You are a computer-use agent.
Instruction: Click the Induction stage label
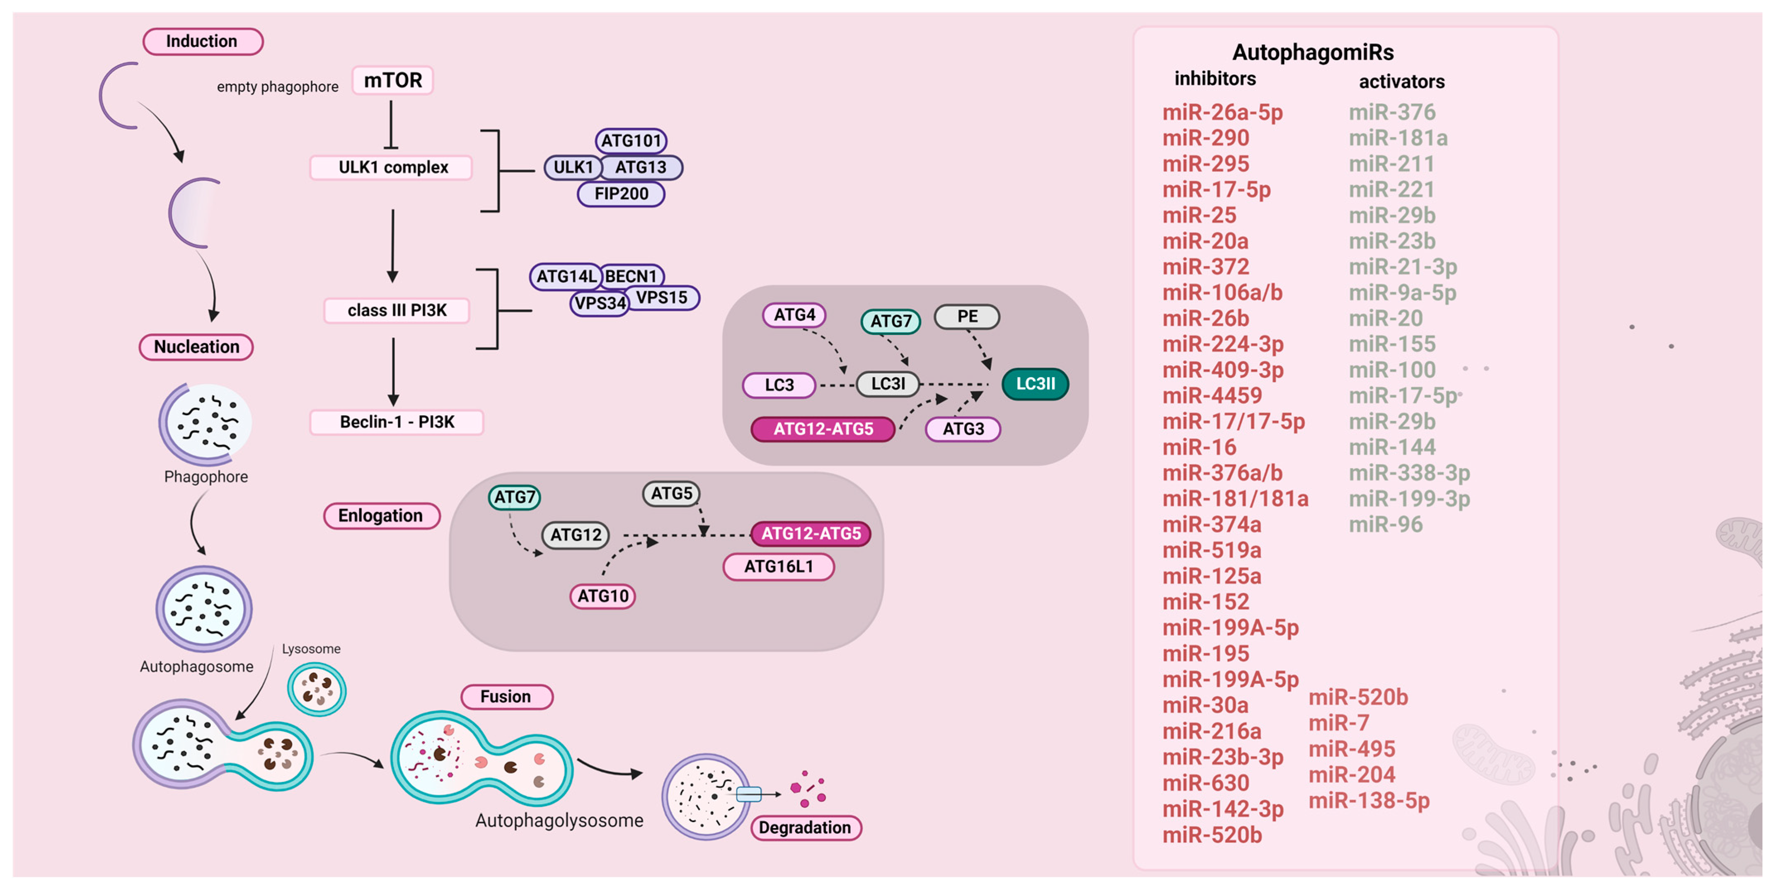[202, 41]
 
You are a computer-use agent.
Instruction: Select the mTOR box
[392, 80]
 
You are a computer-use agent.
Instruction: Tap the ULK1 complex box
[392, 167]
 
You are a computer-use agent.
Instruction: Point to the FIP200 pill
[621, 194]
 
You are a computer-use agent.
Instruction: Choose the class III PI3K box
[397, 310]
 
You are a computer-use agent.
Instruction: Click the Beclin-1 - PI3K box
[397, 421]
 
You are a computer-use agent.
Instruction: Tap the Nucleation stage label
[197, 346]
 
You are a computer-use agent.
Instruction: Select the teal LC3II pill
[1035, 384]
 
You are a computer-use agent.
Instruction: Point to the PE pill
[967, 316]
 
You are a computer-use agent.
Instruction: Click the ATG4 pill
[794, 315]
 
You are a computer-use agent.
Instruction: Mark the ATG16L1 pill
[778, 567]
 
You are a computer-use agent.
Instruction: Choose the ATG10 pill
[602, 596]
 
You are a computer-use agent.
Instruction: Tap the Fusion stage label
[506, 697]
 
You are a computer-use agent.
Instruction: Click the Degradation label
[805, 827]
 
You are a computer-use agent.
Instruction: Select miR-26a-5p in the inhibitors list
[1222, 112]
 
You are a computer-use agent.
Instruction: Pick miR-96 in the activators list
[1385, 525]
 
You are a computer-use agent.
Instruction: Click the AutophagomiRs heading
[1312, 52]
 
